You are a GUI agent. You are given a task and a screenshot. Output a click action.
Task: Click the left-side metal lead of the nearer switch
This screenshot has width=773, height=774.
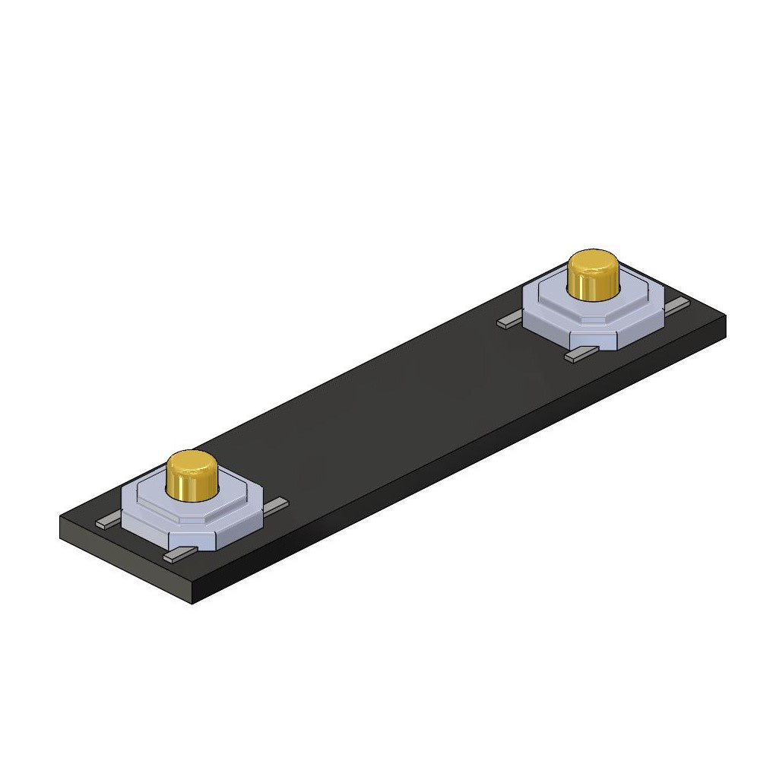pyautogui.click(x=108, y=522)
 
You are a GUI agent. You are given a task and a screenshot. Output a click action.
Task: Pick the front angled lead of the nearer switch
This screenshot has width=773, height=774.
pyautogui.click(x=179, y=556)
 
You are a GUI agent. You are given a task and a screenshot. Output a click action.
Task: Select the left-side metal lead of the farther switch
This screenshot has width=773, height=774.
pyautogui.click(x=509, y=322)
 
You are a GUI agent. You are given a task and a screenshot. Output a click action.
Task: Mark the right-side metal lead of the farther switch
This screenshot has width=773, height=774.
pyautogui.click(x=676, y=303)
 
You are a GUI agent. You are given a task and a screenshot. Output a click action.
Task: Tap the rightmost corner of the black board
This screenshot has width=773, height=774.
pyautogui.click(x=725, y=319)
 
